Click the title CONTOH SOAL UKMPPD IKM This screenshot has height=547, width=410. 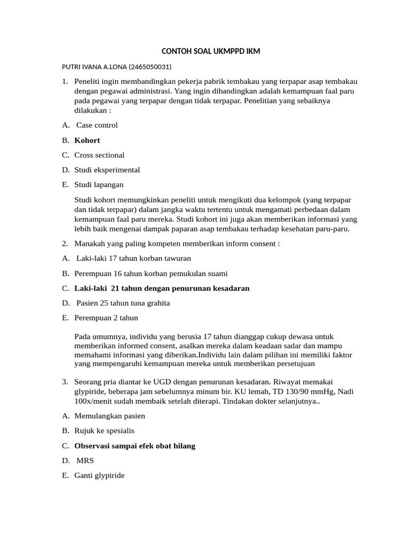tap(211, 52)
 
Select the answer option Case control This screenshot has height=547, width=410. tap(97, 125)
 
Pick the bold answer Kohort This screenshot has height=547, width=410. tap(87, 140)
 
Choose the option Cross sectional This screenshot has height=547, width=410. tap(99, 155)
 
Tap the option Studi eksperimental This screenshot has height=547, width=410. tap(107, 170)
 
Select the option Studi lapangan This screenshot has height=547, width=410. tap(99, 185)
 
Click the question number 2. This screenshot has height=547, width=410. tap(65, 244)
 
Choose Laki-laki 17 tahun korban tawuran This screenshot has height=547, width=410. tap(133, 259)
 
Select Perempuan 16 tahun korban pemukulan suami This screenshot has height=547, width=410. tap(151, 273)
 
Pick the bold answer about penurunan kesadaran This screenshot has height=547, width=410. tap(162, 288)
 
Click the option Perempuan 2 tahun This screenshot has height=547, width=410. tap(106, 318)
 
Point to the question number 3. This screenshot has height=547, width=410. tap(65, 382)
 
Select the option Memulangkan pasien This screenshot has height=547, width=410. tap(109, 416)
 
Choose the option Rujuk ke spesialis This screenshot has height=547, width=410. tap(104, 431)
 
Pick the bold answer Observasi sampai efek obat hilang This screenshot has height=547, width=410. tap(135, 446)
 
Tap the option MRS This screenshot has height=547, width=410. tap(85, 460)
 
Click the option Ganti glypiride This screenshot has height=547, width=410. tap(99, 475)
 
